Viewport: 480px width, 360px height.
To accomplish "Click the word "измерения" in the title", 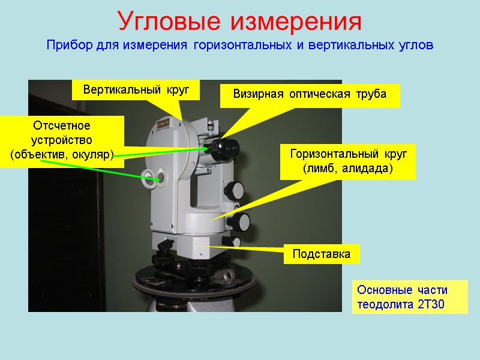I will click(296, 22).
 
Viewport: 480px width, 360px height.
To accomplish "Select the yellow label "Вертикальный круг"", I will click(136, 90).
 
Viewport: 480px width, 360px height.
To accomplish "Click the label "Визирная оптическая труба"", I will click(310, 95).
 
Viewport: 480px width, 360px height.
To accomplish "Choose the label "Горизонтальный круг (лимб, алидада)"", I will click(348, 161).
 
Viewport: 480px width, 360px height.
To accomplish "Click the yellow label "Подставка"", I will click(322, 254).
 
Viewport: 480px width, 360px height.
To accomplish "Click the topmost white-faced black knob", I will click(235, 190).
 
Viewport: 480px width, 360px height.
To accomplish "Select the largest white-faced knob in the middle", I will click(243, 221).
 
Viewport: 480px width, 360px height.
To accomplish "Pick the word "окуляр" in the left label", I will click(94, 155).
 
